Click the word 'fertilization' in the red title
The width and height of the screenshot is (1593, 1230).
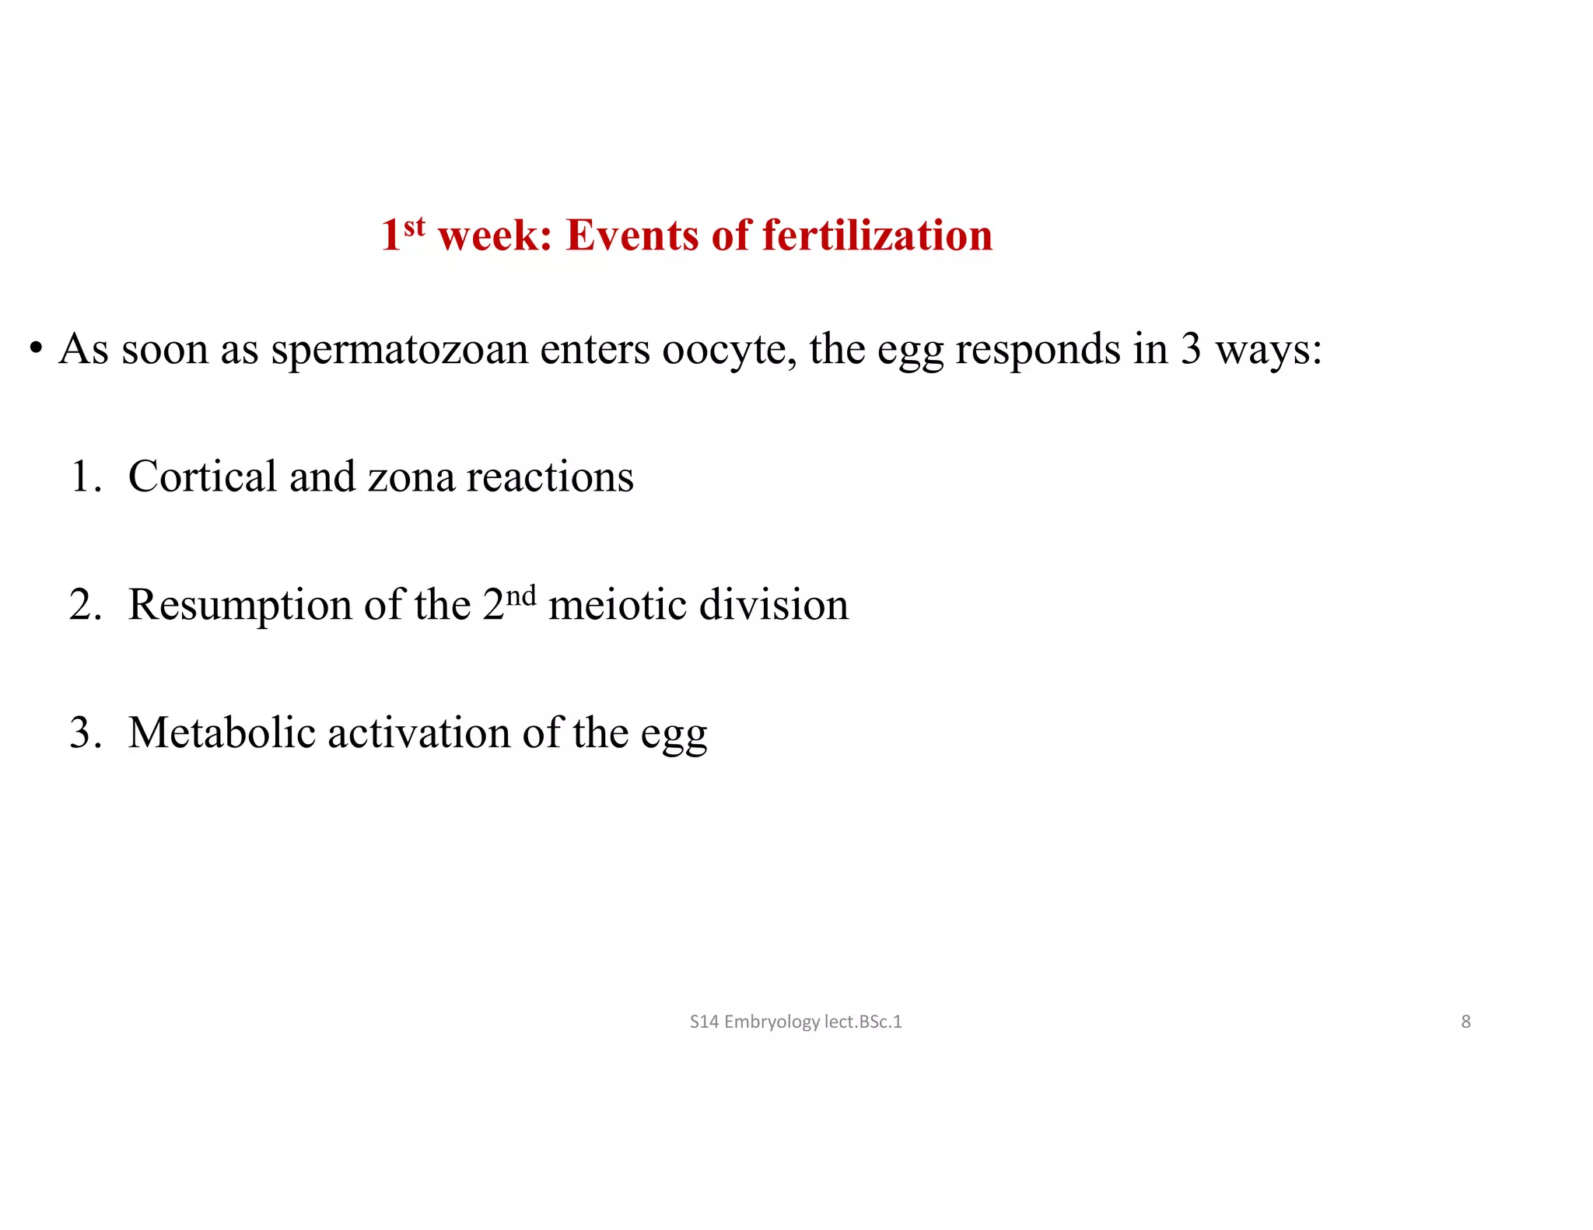click(877, 235)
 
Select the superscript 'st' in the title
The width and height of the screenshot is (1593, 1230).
click(415, 226)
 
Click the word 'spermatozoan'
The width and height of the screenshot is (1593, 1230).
click(400, 350)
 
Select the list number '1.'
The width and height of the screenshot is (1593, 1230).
click(86, 477)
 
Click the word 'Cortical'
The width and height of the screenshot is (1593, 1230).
click(202, 477)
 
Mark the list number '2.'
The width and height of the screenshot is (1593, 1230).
click(86, 605)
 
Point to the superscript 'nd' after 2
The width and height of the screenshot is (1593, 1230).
click(521, 595)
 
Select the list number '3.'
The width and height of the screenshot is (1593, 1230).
click(86, 733)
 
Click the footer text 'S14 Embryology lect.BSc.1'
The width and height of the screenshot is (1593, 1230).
click(796, 1022)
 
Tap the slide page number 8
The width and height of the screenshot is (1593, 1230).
click(1465, 1022)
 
